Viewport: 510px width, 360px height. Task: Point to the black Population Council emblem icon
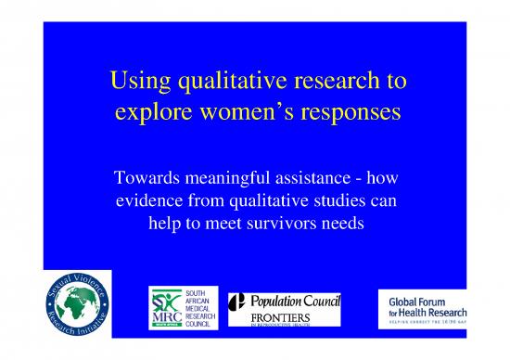tap(237, 302)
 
